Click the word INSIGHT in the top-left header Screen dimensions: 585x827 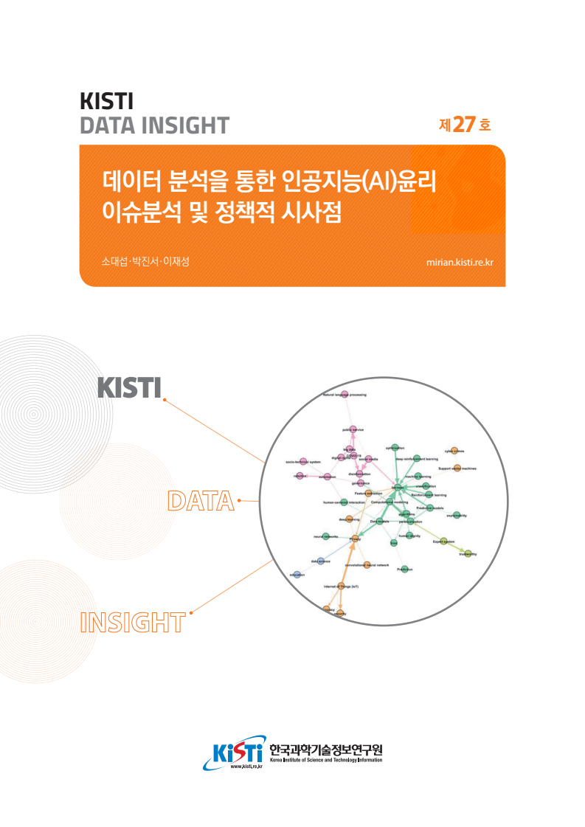pos(182,125)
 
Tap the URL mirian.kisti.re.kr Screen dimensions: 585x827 pos(460,262)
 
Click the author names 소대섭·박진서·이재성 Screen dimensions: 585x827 pos(145,261)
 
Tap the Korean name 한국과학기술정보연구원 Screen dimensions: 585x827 pos(326,748)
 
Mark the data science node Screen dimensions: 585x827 pos(320,561)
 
